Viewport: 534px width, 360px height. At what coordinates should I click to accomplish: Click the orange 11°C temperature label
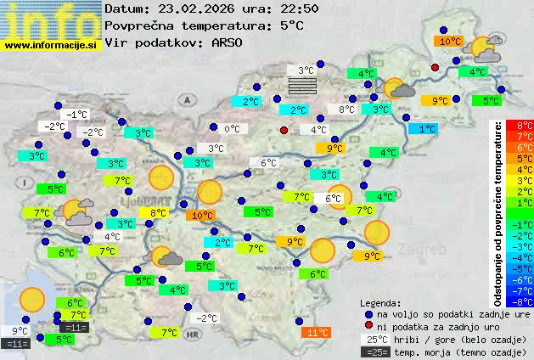317,333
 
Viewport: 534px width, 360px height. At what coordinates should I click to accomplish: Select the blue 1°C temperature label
422,129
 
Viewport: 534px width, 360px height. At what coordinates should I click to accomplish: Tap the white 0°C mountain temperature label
232,130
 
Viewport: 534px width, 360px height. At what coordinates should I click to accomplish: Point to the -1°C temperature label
78,115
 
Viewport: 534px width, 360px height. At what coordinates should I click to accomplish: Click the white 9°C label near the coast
18,331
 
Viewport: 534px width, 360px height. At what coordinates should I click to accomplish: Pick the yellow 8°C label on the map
158,213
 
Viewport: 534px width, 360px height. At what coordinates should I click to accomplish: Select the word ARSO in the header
228,42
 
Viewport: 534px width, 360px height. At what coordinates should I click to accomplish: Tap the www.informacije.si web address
52,43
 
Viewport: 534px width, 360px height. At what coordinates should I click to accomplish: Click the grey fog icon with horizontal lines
303,86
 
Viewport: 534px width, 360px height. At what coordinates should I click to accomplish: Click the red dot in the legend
368,325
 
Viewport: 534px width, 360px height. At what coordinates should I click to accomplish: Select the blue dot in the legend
368,313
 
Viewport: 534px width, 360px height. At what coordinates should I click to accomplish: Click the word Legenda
380,302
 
